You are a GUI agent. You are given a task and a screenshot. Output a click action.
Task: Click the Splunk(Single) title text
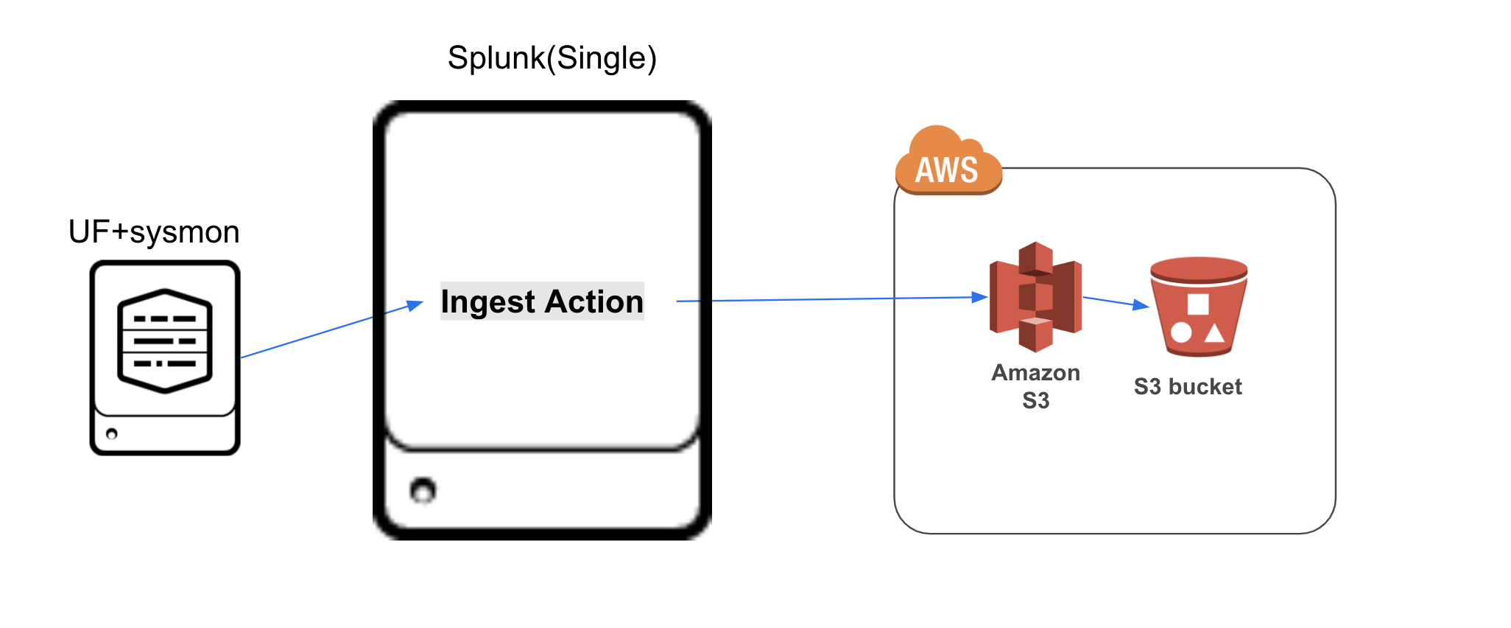pyautogui.click(x=552, y=58)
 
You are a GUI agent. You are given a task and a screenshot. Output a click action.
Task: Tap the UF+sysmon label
pyautogui.click(x=154, y=232)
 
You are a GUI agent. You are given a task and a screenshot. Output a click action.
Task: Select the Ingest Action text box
pyautogui.click(x=542, y=301)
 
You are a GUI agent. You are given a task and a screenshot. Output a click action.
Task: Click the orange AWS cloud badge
pyautogui.click(x=948, y=161)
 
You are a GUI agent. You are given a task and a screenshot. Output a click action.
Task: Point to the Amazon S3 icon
pyautogui.click(x=1035, y=296)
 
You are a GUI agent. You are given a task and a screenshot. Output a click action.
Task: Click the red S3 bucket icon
pyautogui.click(x=1199, y=306)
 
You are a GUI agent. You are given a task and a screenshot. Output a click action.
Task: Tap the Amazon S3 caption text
pyautogui.click(x=1036, y=386)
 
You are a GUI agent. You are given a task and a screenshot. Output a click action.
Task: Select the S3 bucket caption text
pyautogui.click(x=1188, y=386)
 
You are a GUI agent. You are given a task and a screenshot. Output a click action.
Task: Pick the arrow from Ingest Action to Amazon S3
pyautogui.click(x=832, y=299)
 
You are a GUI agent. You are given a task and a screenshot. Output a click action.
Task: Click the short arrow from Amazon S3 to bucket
pyautogui.click(x=1116, y=302)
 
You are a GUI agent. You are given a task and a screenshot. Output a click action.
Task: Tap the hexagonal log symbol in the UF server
pyautogui.click(x=165, y=341)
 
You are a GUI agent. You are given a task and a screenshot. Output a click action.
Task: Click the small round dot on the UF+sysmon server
pyautogui.click(x=112, y=433)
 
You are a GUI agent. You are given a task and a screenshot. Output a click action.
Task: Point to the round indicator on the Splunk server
pyautogui.click(x=423, y=490)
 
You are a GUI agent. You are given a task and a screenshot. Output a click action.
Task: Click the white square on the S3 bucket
pyautogui.click(x=1198, y=304)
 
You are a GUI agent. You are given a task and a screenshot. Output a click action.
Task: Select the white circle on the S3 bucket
pyautogui.click(x=1181, y=332)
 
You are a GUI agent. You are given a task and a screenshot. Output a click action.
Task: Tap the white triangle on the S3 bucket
pyautogui.click(x=1214, y=333)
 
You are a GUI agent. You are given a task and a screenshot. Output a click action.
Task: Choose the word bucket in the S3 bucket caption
pyautogui.click(x=1205, y=386)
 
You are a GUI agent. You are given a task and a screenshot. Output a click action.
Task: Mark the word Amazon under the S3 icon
pyautogui.click(x=1036, y=372)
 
